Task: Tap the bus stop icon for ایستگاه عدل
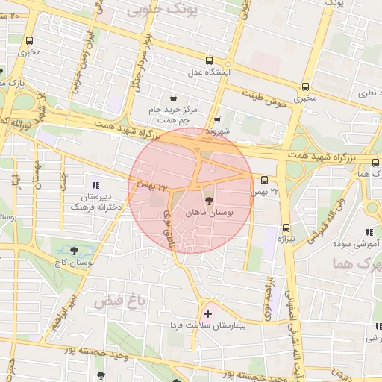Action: tap(210, 60)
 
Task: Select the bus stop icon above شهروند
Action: tap(217, 119)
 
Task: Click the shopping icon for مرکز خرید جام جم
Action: tap(174, 98)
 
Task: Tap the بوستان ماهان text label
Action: tap(221, 213)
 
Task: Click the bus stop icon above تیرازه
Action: tap(286, 228)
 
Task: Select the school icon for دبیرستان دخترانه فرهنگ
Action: tap(95, 185)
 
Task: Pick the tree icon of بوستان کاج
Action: tap(74, 251)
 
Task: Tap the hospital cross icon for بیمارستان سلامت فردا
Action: tap(207, 314)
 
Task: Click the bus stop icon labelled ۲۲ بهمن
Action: tap(264, 180)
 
